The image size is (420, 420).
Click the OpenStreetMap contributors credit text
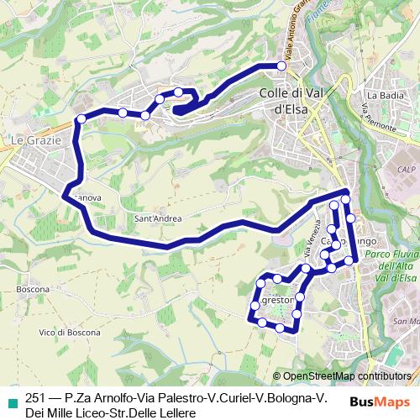pyautogui.click(x=347, y=376)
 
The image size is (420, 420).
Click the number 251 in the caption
pyautogui.click(x=36, y=398)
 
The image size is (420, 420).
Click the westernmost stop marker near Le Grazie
pyautogui.click(x=81, y=119)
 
